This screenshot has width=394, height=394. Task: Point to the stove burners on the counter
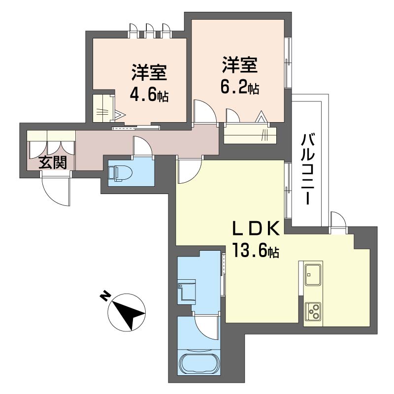point(313,311)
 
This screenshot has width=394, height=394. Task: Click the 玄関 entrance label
point(53,162)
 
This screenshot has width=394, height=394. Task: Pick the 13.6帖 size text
point(256,250)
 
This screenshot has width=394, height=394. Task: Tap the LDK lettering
point(256,228)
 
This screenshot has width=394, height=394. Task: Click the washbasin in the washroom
point(187,292)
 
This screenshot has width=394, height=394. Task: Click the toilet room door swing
point(142,146)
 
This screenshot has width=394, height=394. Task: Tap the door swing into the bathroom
point(205,327)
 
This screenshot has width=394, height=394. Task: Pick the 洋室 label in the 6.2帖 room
point(239,65)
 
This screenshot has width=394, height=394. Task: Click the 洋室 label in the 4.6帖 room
point(149,72)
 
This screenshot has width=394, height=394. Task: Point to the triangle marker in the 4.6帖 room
point(120,115)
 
